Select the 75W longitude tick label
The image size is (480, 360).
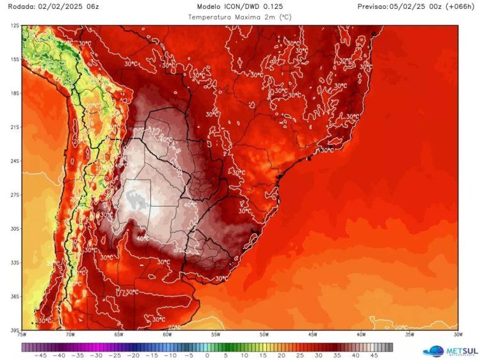point(22,334)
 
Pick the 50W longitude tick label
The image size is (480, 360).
point(264,334)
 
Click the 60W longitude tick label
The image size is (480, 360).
point(167,334)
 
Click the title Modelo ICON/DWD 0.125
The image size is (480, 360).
point(239,6)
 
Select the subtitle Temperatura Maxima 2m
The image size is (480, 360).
point(239,17)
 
